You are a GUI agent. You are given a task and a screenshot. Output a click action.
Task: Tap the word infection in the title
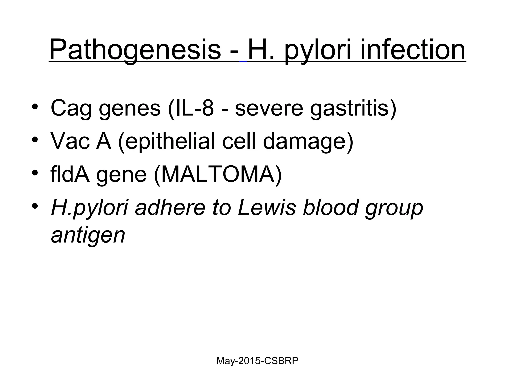click(x=413, y=50)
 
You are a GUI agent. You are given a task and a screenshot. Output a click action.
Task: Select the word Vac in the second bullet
click(x=70, y=141)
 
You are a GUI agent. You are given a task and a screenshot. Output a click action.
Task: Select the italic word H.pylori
click(x=90, y=208)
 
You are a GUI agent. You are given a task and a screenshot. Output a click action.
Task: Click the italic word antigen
click(x=88, y=235)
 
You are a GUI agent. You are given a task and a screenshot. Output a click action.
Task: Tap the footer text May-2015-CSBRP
click(x=257, y=361)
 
